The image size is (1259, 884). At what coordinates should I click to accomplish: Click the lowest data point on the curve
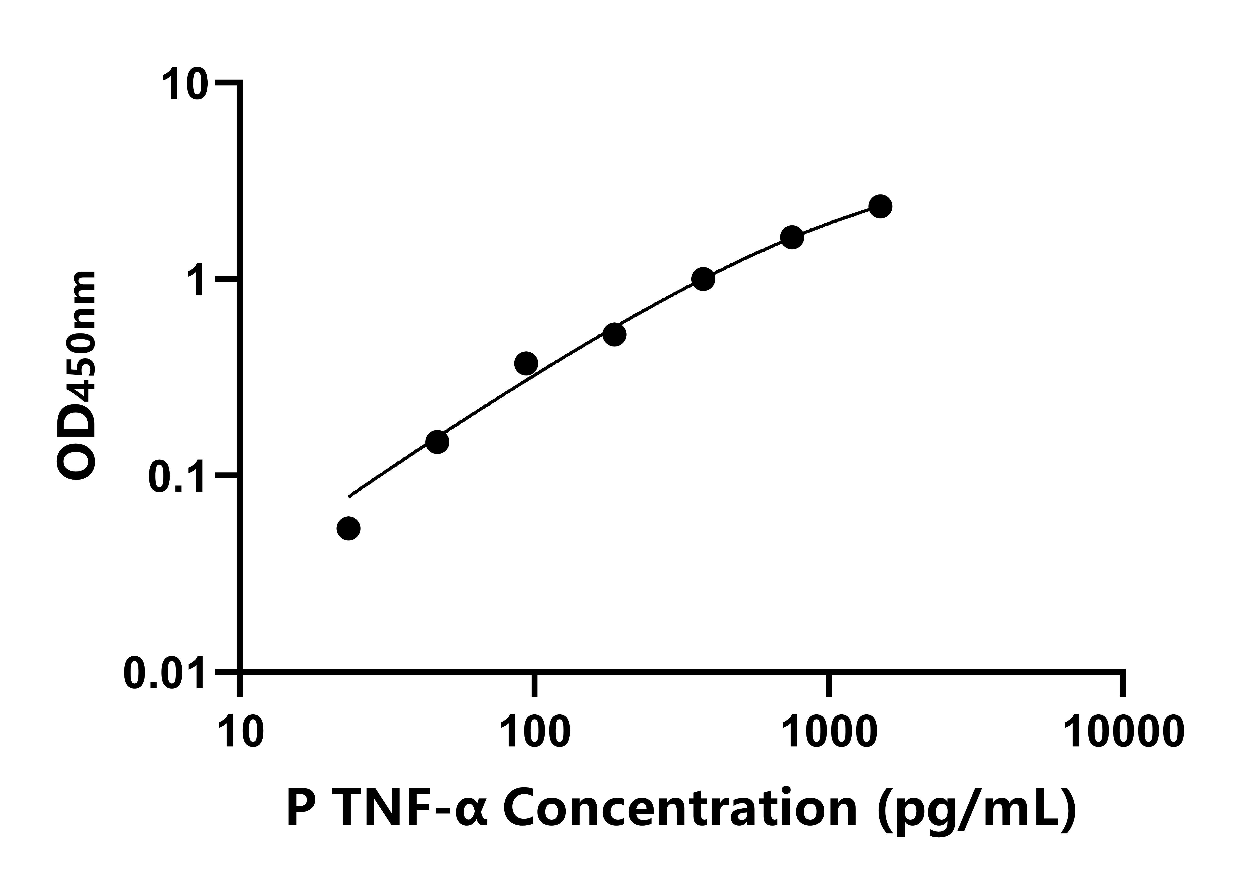coord(348,528)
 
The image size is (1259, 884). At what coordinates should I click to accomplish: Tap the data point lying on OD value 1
coord(703,279)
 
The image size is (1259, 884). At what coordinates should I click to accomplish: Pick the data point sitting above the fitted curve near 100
coord(526,363)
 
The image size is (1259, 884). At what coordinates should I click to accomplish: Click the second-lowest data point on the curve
coord(437,442)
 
